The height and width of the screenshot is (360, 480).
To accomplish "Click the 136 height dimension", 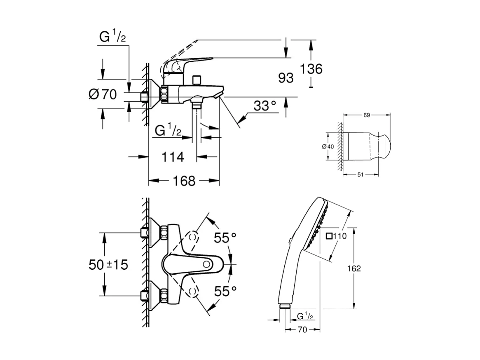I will (x=311, y=69).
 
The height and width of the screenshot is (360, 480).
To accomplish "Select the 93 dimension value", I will (x=286, y=78).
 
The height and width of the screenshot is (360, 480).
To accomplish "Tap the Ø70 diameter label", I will (x=103, y=94).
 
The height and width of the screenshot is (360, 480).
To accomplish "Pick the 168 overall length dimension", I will (x=183, y=181).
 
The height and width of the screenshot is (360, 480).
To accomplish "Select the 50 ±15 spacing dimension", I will (x=108, y=265).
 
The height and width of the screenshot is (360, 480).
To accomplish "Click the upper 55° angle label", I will (x=225, y=238).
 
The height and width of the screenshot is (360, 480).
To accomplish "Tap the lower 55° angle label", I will (x=225, y=291).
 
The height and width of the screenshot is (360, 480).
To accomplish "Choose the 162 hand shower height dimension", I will (x=353, y=268).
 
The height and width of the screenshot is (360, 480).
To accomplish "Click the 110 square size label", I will (x=340, y=236).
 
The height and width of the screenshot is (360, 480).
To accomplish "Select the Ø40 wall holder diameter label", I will (x=328, y=146).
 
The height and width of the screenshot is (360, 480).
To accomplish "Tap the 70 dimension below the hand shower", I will (x=303, y=330).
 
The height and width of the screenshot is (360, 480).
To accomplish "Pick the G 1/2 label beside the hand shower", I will (x=306, y=316).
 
